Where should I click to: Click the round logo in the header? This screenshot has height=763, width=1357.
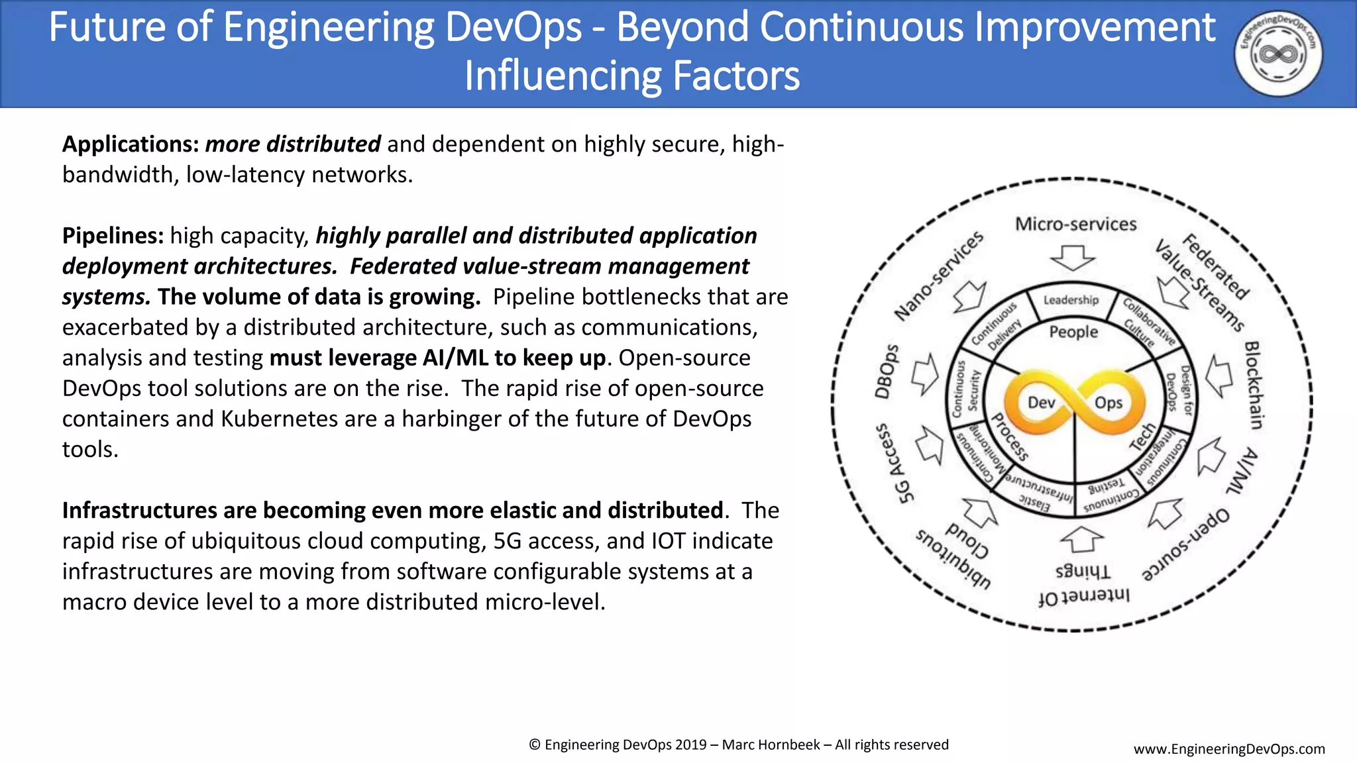pos(1278,54)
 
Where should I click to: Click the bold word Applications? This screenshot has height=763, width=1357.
pos(131,144)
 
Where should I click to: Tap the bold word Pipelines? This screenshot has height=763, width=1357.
pos(113,236)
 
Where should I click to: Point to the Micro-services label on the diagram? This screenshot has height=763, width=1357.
pos(1075,225)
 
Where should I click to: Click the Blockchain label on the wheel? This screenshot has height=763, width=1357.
pos(1254,385)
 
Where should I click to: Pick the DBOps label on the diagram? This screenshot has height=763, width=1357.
pos(888,372)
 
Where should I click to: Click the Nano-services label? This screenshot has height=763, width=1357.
pos(939,276)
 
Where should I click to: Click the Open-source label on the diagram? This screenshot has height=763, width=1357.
pos(1186,544)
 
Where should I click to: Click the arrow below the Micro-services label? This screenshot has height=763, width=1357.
pos(1073,258)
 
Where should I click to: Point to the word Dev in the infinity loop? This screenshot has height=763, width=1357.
pos(1041,403)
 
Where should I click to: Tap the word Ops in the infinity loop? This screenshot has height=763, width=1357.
pos(1108,403)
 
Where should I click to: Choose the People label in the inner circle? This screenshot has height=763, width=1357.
pos(1073,332)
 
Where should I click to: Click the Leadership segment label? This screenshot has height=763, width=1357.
pos(1071,300)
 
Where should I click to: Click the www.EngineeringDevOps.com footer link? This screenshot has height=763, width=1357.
pos(1229,749)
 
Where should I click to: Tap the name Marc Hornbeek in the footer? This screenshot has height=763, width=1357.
pos(771,745)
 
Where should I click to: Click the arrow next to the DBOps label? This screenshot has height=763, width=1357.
pos(924,374)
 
